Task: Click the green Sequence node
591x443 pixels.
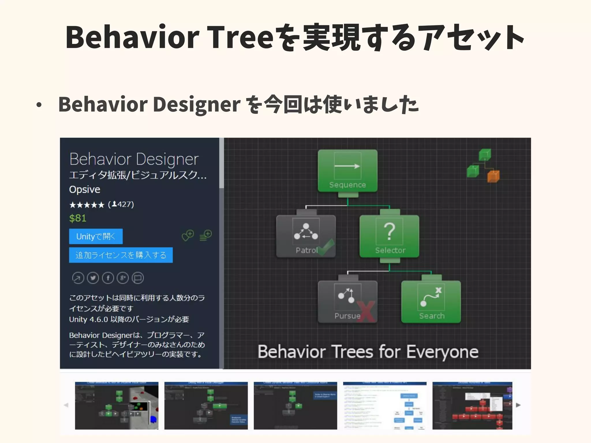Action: tap(347, 170)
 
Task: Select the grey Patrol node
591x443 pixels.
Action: tap(306, 236)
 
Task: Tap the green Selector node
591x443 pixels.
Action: tap(389, 236)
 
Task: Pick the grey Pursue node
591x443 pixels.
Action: tap(347, 301)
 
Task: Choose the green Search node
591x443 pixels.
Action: tap(431, 301)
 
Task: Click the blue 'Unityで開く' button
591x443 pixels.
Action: tap(96, 236)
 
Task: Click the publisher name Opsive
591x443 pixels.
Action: tap(85, 189)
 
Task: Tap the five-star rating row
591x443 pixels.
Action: tap(87, 205)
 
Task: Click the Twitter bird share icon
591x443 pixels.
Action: tap(93, 278)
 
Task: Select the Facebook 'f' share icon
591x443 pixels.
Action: tap(108, 278)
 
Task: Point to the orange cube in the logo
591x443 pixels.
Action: tap(493, 176)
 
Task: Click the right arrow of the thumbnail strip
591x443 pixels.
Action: tap(518, 405)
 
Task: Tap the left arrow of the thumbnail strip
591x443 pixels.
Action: tap(66, 405)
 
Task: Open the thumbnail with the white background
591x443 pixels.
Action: tap(385, 406)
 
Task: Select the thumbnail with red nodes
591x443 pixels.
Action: tap(472, 406)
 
